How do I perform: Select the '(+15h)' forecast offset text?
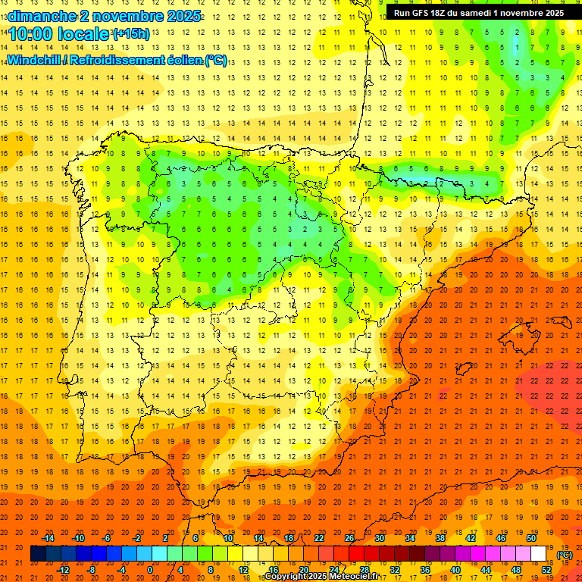(131, 34)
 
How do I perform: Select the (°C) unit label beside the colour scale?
(565, 555)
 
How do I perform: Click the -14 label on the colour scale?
(48, 538)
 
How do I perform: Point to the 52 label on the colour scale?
(546, 570)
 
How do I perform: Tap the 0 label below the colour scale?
(151, 570)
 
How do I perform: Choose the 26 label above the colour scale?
(349, 538)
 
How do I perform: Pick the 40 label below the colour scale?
(455, 570)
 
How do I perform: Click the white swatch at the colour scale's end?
(538, 554)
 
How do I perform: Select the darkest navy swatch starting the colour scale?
(38, 554)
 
